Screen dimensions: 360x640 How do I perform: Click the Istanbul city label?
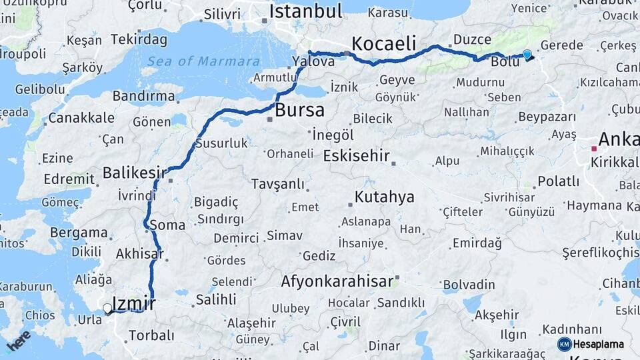coord(305,11)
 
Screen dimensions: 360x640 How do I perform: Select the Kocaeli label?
coord(383,43)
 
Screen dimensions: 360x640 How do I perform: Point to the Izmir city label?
coord(134,304)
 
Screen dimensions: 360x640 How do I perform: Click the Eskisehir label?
coord(356,156)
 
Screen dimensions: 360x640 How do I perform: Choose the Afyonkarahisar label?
coord(337,281)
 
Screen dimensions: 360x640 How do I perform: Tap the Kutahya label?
coord(384,197)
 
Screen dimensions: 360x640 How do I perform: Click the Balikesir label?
coord(134,173)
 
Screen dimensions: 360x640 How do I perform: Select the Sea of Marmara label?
coord(203,61)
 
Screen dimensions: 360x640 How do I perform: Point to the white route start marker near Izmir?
coord(107,309)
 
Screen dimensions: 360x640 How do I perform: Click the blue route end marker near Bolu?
coord(527,55)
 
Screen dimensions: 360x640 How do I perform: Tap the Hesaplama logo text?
coord(599,344)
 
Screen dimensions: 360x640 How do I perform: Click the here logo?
coord(19,341)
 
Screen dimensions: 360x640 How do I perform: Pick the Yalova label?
coord(313,61)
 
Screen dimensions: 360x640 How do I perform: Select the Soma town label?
coord(167,225)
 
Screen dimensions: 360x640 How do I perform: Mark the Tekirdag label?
coord(139,39)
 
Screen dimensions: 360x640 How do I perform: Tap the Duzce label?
coord(472,40)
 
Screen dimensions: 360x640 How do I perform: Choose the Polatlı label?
coord(558,181)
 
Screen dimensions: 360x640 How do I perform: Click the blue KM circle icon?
coord(564,344)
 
